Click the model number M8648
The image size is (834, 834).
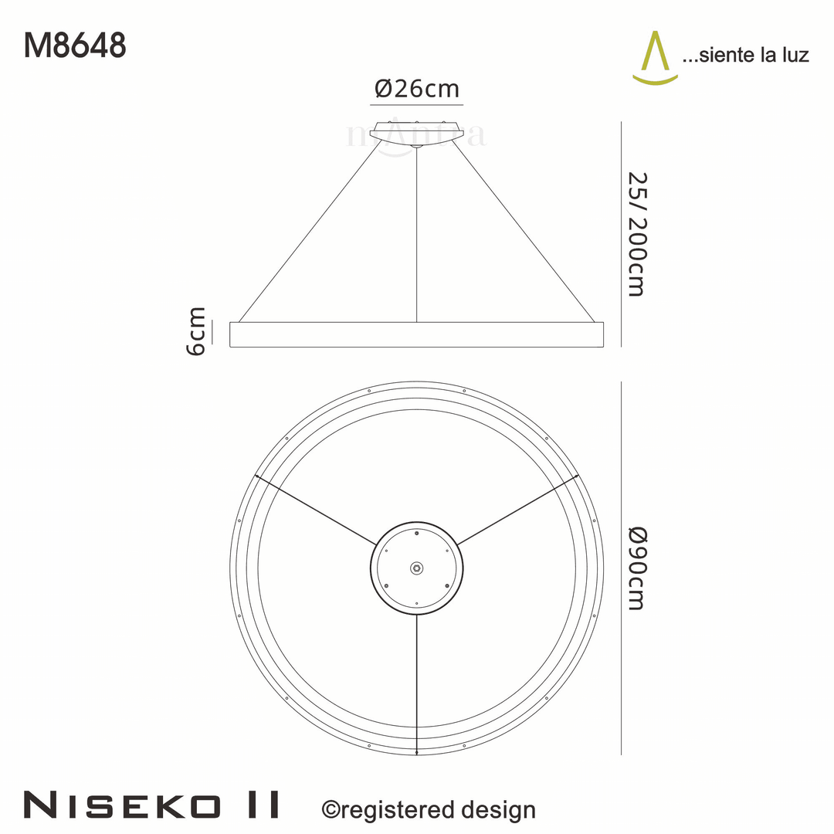coord(75,46)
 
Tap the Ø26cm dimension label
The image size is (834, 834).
coord(417,89)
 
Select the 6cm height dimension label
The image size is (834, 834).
coord(197,331)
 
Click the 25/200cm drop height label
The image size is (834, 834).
coord(635,233)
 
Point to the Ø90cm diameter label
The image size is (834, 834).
coord(635,568)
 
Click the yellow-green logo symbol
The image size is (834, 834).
coord(655,57)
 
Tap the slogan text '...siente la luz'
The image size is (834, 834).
coord(745,55)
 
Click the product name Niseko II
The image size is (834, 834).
coord(151,805)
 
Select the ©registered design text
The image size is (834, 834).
coord(428,809)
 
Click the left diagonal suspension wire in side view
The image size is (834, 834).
coord(309,232)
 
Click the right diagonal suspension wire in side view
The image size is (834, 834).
coord(525,232)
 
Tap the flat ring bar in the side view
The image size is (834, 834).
coord(417,334)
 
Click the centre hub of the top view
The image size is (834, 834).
coord(417,568)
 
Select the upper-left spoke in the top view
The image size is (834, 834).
coord(317,510)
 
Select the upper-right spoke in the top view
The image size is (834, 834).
coord(517,510)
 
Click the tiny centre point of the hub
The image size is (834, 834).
coord(417,568)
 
